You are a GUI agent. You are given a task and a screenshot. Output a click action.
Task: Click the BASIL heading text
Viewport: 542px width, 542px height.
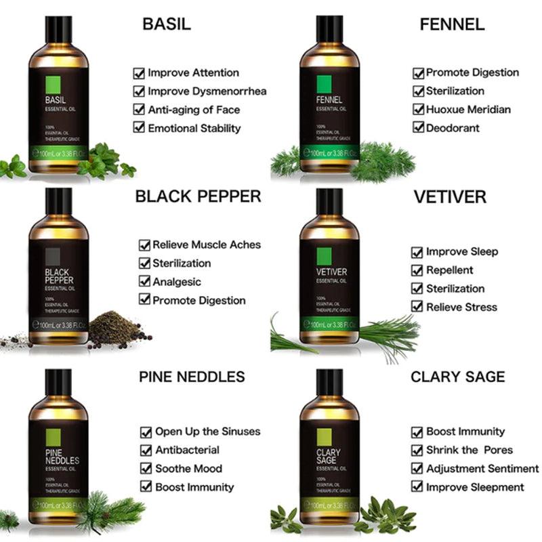[167, 24]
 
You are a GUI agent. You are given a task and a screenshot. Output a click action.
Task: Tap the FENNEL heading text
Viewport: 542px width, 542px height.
[452, 25]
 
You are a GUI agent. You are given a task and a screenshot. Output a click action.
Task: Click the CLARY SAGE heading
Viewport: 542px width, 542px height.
[457, 377]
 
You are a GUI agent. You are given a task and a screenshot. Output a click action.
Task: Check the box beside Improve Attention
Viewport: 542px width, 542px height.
[139, 73]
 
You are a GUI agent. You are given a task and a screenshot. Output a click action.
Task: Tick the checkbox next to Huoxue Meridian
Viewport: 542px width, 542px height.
[418, 110]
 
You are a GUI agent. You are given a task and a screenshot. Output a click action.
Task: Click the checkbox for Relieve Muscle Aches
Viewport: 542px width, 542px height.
[144, 245]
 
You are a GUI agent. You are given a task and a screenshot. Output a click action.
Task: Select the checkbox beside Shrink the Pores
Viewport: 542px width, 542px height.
[418, 450]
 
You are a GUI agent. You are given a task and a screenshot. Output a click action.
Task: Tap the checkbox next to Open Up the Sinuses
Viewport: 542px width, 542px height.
[146, 432]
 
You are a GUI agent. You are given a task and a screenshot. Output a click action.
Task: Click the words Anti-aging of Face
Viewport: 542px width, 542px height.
[194, 110]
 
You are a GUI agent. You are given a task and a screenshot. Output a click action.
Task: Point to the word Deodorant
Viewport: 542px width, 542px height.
[453, 128]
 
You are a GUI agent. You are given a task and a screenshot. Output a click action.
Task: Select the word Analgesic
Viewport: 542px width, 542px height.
[177, 282]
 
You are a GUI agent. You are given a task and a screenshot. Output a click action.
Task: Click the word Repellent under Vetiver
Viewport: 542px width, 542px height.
[450, 270]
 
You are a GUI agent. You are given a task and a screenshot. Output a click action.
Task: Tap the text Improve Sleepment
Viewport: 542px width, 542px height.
[475, 486]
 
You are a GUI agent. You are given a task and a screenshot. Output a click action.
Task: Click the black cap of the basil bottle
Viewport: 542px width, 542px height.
[58, 29]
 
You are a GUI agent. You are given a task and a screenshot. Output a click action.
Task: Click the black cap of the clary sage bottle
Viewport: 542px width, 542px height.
[329, 383]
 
